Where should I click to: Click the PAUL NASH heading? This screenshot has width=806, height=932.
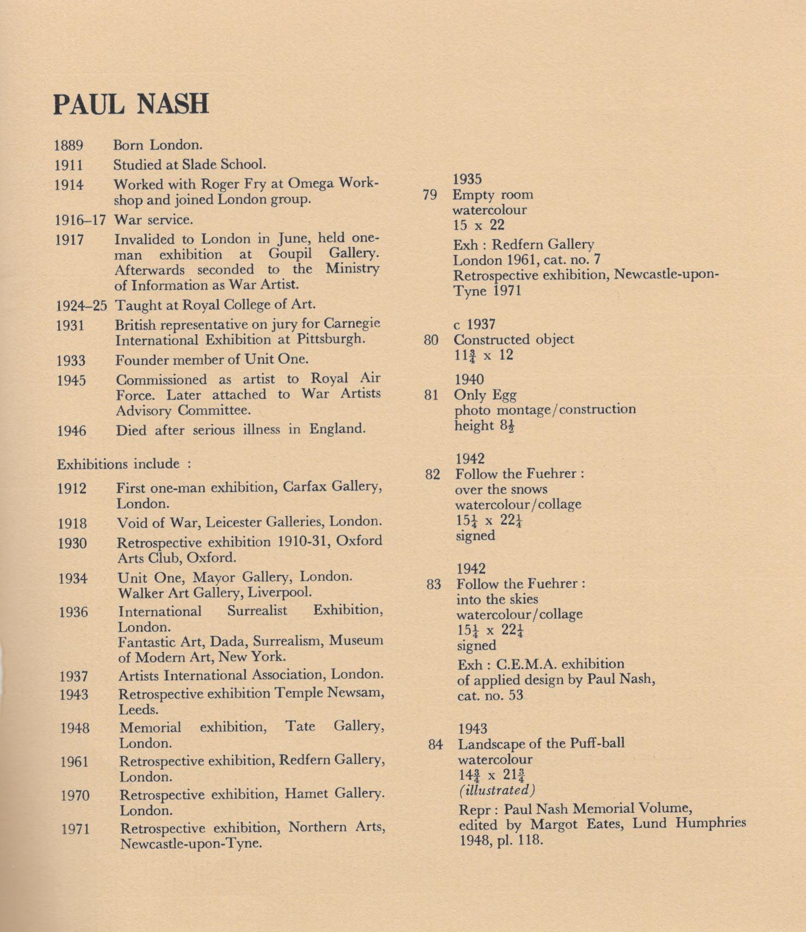[131, 103]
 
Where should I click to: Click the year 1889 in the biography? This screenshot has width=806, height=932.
[69, 146]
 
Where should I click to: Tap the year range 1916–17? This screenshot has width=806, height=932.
[80, 220]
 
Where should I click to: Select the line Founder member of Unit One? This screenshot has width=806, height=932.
[212, 359]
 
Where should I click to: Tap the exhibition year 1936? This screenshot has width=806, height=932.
[73, 612]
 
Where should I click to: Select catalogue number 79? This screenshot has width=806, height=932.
[430, 195]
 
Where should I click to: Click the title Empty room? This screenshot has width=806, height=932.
[493, 195]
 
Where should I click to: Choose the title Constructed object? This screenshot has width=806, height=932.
[514, 340]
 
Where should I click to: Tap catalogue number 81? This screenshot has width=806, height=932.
[431, 395]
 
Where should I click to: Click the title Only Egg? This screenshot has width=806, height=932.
[485, 395]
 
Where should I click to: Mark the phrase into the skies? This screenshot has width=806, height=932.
[497, 599]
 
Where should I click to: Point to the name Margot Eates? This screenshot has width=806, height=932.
[576, 824]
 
